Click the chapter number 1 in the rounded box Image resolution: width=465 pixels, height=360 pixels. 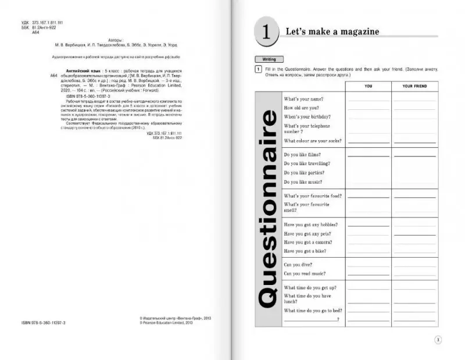(x=266, y=32)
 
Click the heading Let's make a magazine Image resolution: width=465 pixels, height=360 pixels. (x=332, y=31)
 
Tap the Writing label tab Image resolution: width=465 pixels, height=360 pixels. (x=269, y=59)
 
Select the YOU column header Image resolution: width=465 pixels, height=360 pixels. (x=368, y=86)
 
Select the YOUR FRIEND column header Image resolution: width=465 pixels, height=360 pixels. (x=414, y=86)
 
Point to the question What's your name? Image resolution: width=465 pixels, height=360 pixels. (x=303, y=99)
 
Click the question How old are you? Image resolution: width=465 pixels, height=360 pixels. (x=301, y=108)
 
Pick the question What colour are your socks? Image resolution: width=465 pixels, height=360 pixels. (x=312, y=141)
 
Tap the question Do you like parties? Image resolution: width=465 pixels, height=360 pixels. (x=303, y=173)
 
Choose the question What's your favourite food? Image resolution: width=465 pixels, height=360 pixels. (x=312, y=195)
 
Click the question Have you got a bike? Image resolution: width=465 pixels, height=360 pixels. (x=305, y=251)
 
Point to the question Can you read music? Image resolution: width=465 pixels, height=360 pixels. (x=305, y=273)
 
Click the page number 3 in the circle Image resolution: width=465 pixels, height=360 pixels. (x=438, y=340)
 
